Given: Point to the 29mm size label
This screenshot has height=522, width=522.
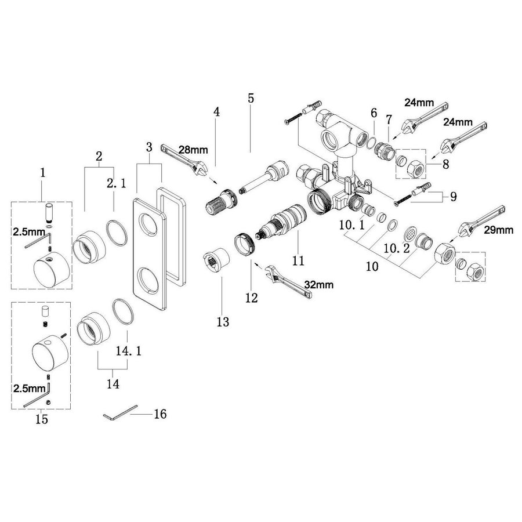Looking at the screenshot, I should pos(498,230).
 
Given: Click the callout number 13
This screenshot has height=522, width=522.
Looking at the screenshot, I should pos(223,321).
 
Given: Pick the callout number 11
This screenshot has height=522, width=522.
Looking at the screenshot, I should pos(298,260).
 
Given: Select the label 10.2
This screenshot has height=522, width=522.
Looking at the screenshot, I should pos(397,248).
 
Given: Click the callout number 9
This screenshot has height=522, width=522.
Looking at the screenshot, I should pos(453,196).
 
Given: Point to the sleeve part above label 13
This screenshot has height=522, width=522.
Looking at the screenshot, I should pos(216,259).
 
